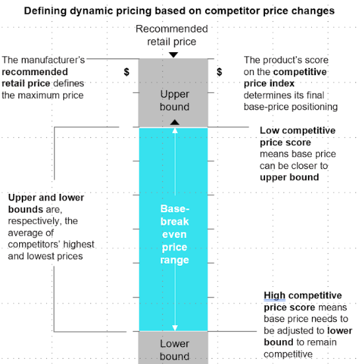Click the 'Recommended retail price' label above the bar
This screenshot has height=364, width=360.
172,36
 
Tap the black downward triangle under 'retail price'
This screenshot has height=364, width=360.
173,55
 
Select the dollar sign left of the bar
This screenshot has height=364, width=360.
127,72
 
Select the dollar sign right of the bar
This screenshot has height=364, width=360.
220,72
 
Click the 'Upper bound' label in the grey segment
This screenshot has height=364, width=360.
175,100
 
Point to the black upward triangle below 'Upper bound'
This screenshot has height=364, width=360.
175,122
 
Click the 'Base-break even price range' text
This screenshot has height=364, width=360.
175,234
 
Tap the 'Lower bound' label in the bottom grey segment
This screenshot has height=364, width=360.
175,350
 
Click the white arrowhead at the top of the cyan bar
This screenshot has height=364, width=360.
175,130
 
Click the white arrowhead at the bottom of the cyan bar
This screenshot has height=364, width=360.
175,328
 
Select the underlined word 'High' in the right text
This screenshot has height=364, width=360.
274,295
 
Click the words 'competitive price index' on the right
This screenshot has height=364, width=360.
285,78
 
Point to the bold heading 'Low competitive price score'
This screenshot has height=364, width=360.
297,136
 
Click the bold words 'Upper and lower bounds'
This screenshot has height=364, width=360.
46,204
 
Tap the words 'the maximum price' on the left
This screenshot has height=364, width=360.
43,96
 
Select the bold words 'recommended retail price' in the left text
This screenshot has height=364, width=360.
35,78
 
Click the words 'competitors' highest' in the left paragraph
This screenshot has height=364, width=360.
51,245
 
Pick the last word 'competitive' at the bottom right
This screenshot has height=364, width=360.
288,354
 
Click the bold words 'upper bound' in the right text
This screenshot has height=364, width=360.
289,177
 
